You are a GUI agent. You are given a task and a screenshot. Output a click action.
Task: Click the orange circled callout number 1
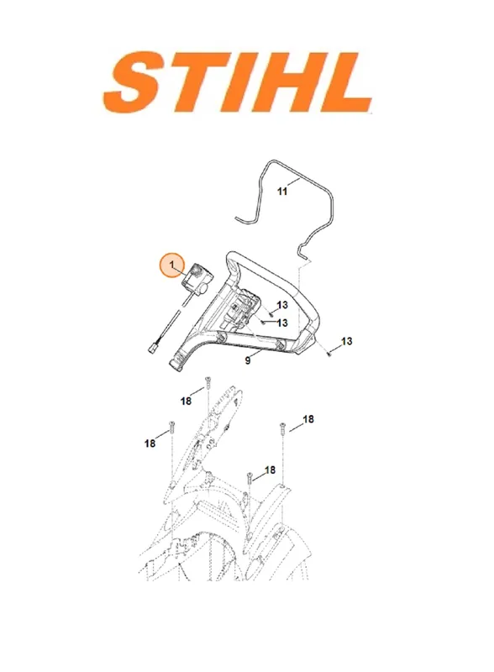tap(172, 265)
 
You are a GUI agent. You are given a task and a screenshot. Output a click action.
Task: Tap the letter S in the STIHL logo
tap(138, 81)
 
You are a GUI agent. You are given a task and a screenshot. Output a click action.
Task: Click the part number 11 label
tap(282, 192)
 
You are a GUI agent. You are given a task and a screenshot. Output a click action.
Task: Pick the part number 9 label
tap(248, 360)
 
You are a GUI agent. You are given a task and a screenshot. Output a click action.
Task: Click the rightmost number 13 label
tap(346, 341)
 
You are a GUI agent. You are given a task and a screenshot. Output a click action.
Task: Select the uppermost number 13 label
tap(282, 305)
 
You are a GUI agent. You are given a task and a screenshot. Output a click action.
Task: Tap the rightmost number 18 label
tap(308, 418)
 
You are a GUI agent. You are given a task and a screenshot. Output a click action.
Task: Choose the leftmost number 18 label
tap(150, 444)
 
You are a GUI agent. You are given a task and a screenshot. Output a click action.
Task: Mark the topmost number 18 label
tap(186, 402)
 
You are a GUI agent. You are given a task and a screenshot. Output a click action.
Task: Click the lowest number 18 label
tap(270, 470)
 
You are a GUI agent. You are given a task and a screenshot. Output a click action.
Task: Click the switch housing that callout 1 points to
tap(196, 279)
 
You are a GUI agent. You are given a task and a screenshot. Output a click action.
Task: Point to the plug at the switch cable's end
tap(152, 349)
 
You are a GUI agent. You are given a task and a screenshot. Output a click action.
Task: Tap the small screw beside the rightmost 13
tap(328, 354)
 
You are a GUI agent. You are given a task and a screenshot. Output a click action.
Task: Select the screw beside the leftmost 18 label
tap(171, 427)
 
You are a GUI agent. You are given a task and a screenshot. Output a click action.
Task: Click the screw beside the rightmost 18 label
tap(282, 428)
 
